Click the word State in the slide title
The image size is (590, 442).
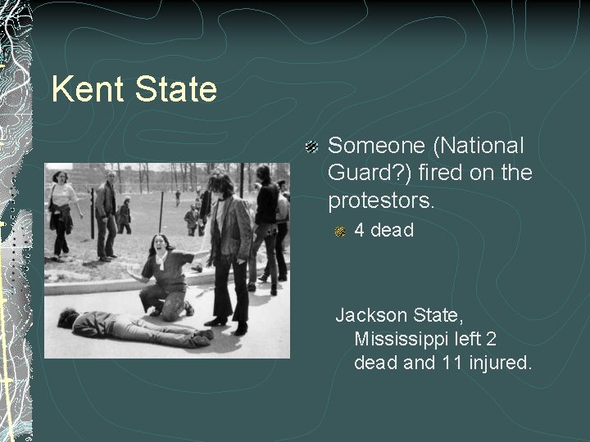point(173,89)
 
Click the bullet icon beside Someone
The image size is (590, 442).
point(311,147)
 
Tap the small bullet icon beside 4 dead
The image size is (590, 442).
point(341,232)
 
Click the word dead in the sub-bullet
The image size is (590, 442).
point(393,231)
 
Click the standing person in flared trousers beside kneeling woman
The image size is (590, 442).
point(225,246)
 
